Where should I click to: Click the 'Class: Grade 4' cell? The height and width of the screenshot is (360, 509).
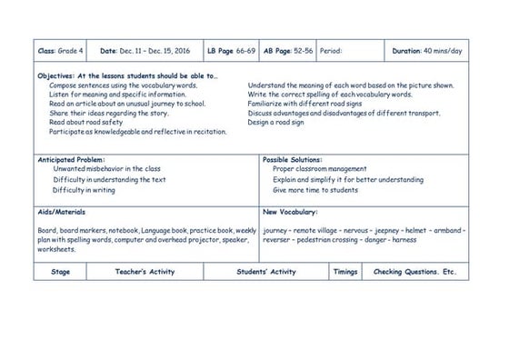click(x=57, y=52)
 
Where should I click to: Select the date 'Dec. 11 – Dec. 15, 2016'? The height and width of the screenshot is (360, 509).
click(x=146, y=52)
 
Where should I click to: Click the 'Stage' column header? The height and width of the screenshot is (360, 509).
click(x=61, y=272)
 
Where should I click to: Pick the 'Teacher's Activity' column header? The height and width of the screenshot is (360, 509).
click(x=145, y=272)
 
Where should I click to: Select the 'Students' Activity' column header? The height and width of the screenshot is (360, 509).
click(x=266, y=272)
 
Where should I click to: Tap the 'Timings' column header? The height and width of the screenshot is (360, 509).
click(x=344, y=272)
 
